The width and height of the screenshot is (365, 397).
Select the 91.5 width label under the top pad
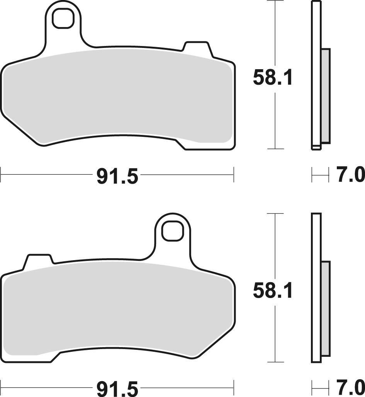117,176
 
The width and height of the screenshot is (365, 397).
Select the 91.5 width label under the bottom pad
117,388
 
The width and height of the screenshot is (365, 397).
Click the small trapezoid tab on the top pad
197,48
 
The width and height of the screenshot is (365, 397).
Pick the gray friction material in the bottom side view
326,308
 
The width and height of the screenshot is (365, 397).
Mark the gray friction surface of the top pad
116,97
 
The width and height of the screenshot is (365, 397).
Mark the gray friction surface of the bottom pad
116,309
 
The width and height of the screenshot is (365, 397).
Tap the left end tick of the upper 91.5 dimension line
1,175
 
